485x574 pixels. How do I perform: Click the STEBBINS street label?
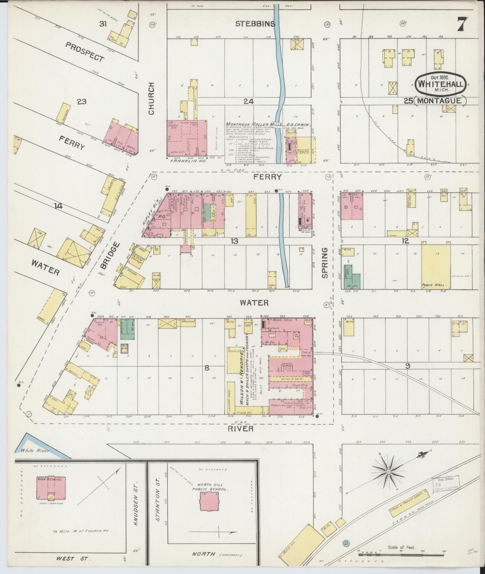tap(255, 23)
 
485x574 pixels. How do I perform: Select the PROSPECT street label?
tap(85, 52)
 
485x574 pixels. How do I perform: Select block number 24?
tap(249, 101)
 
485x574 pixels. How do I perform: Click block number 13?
tap(234, 241)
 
